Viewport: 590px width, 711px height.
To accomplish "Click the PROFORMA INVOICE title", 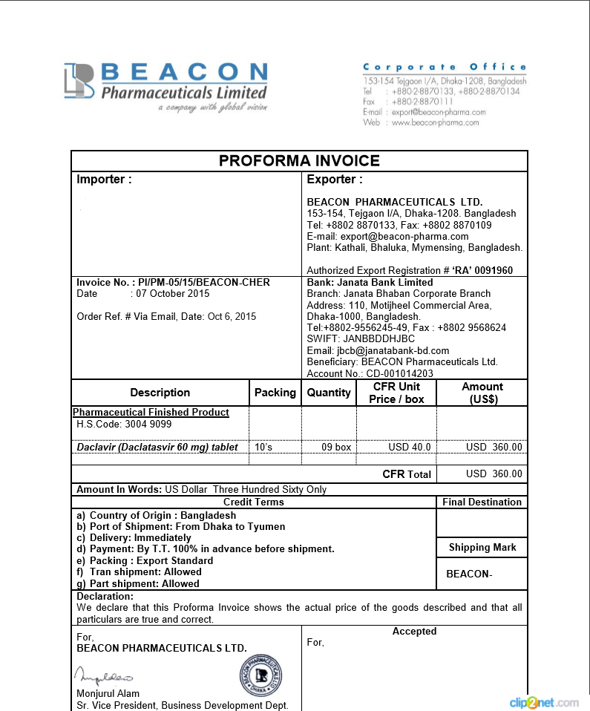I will click(299, 161).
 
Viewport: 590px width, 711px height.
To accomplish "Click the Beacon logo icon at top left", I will click(79, 80).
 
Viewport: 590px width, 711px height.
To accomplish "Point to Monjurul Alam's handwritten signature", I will click(103, 676).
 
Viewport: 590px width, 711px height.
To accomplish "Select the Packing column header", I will click(275, 393).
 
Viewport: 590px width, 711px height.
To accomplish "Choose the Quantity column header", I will click(328, 393).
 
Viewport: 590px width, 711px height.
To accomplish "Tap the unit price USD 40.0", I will click(409, 448).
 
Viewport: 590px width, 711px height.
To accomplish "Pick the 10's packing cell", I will click(263, 448).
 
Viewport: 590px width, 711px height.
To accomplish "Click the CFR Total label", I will click(406, 474).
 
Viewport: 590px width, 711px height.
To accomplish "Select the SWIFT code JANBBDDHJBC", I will click(361, 338).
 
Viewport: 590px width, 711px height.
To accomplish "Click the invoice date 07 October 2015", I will click(170, 294).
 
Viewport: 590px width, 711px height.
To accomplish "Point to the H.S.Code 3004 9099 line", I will click(124, 425).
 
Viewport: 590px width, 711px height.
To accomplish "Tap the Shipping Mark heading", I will click(482, 548).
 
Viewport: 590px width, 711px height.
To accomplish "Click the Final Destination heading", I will click(482, 502).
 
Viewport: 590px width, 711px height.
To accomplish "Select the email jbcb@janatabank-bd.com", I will click(378, 350).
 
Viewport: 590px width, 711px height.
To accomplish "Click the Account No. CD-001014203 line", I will click(370, 373).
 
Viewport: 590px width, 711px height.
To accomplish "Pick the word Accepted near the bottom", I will click(414, 632).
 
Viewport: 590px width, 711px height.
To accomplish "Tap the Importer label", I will click(104, 180).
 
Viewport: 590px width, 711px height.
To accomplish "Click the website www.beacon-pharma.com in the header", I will click(435, 122).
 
